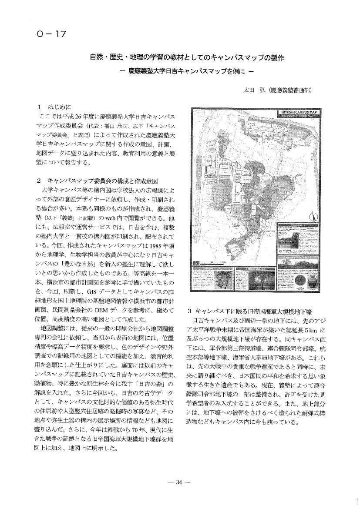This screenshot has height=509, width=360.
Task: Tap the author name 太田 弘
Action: [x=253, y=90]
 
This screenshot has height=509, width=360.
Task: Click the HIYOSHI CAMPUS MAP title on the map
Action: [x=299, y=112]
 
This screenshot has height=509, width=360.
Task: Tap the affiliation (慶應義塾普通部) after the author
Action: [x=291, y=90]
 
